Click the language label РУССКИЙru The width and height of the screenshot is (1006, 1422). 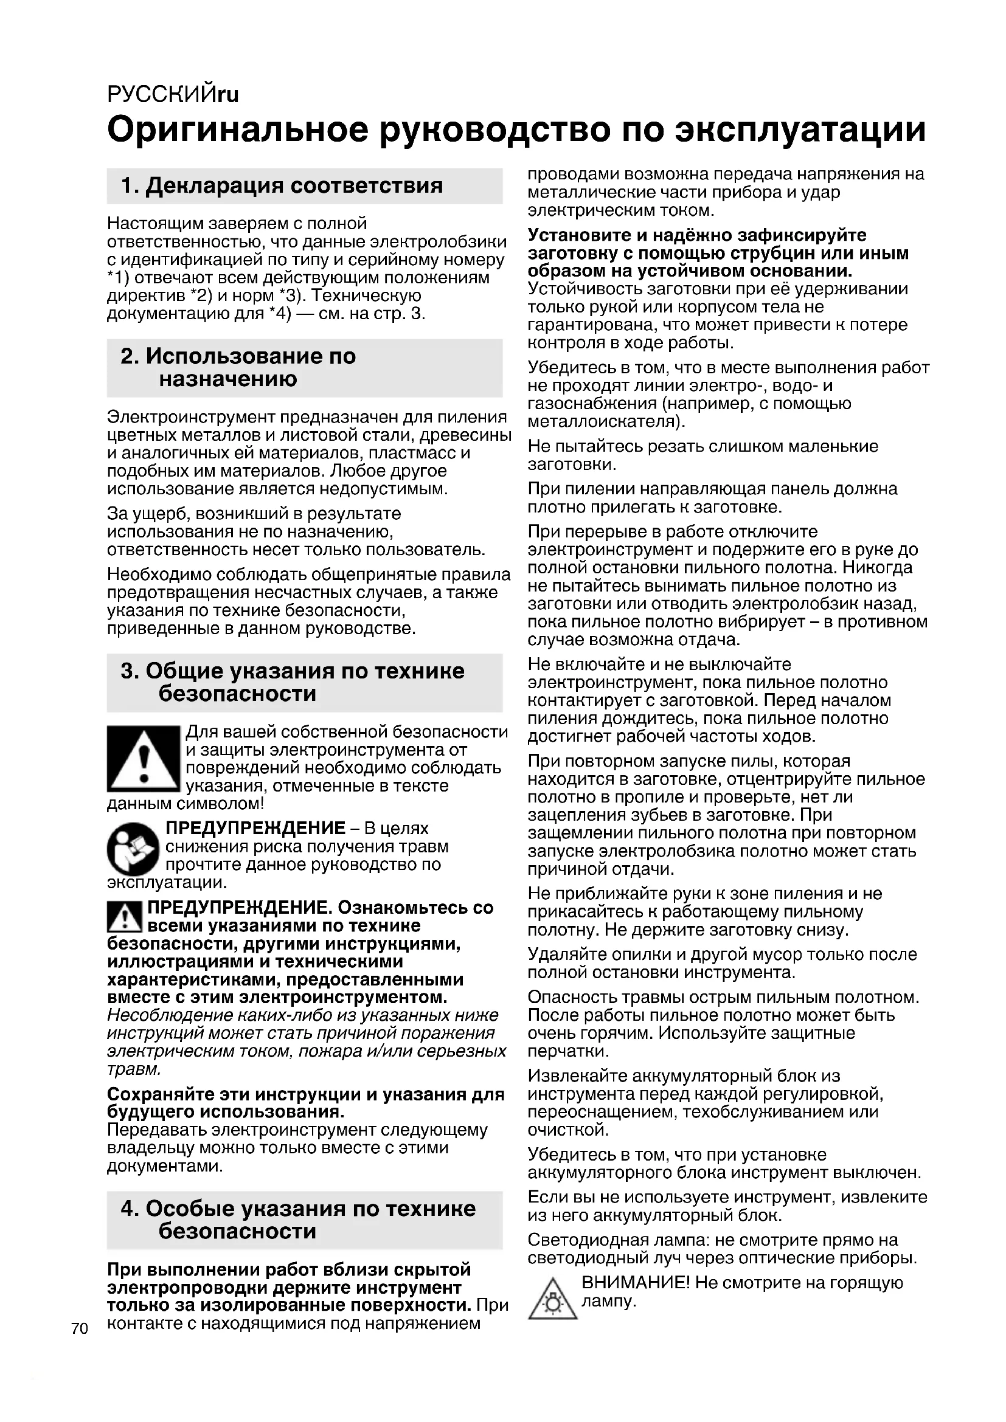click(173, 94)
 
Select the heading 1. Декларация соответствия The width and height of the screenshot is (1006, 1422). click(282, 185)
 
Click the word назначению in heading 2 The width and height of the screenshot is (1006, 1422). click(228, 378)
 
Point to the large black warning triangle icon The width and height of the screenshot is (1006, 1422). click(143, 759)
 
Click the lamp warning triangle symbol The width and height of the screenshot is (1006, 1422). click(552, 1300)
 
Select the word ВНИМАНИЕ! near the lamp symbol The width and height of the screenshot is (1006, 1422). click(635, 1283)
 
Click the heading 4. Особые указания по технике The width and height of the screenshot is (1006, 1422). click(298, 1209)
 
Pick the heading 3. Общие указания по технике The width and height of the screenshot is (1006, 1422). click(293, 671)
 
